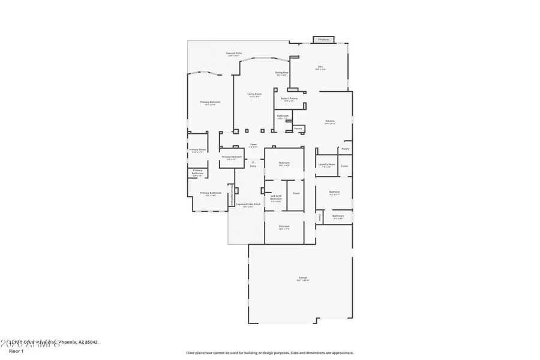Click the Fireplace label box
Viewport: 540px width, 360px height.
[x=323, y=40]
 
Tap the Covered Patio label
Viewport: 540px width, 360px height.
[x=234, y=54]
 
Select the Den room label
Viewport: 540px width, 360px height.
[x=320, y=67]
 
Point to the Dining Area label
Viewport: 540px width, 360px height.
[x=282, y=73]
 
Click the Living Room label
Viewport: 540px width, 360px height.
[x=254, y=95]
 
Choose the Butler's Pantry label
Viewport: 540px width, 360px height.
[x=289, y=99]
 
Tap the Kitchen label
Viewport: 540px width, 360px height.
[x=330, y=122]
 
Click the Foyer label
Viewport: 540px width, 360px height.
[x=253, y=145]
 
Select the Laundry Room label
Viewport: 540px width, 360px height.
[x=326, y=166]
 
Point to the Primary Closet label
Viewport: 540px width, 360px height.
[x=197, y=151]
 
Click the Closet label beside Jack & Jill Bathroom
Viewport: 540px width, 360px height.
[x=296, y=193]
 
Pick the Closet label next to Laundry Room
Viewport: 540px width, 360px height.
[x=344, y=166]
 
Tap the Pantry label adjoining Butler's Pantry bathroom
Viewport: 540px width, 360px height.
[x=298, y=128]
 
